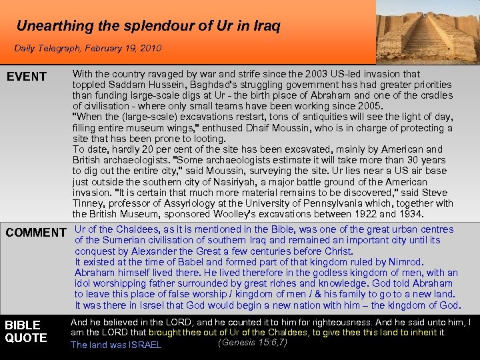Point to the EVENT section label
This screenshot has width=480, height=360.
(27, 77)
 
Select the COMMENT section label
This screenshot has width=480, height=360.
(36, 233)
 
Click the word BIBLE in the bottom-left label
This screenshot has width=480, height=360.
(23, 325)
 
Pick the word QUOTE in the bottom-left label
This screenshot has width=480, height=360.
(25, 338)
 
